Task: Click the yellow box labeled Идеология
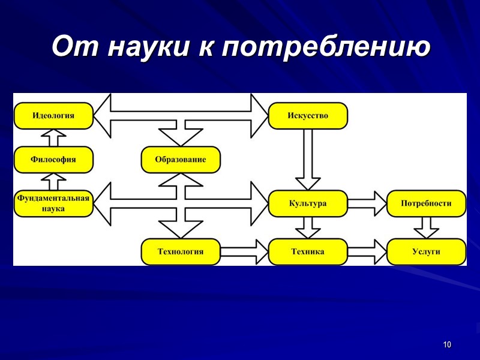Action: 53,115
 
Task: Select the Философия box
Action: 53,160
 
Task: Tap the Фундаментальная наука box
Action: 53,204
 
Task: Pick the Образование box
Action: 181,160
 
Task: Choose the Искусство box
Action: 308,115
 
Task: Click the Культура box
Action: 308,203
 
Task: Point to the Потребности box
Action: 426,203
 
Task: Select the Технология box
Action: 181,251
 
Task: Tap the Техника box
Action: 308,251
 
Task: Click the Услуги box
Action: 426,251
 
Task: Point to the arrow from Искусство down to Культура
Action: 308,159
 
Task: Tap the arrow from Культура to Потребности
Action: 367,203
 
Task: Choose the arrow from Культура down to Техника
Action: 308,227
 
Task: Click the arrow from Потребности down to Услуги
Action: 426,227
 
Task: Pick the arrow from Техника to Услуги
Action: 367,251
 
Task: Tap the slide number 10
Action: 447,344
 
